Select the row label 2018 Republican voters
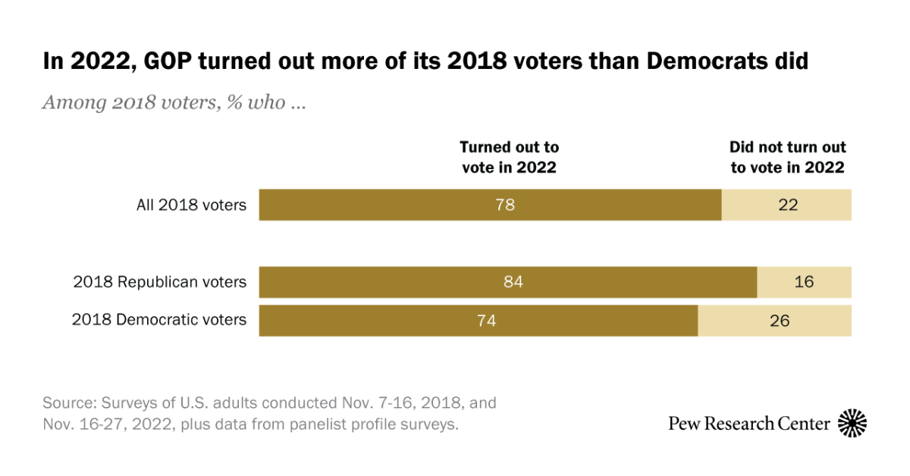159,282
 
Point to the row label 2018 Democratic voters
159,320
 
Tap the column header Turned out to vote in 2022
509,157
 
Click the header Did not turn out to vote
787,157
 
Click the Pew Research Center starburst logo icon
852,423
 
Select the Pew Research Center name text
748,424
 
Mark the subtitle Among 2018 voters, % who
174,102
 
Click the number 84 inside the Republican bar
513,282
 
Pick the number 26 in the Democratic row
779,321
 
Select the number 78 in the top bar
504,205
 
